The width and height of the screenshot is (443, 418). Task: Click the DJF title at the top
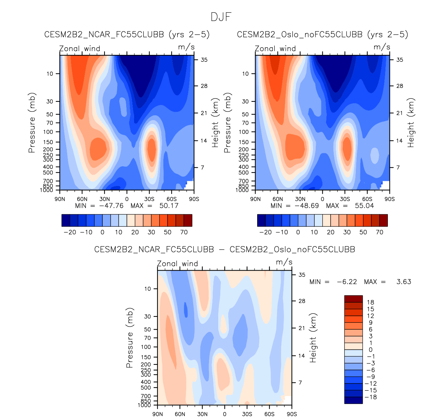(x=221, y=17)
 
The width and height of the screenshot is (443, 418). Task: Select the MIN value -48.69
(x=306, y=206)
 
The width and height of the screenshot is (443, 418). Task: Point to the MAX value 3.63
(x=404, y=282)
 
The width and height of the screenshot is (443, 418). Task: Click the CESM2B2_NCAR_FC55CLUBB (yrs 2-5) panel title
(x=127, y=35)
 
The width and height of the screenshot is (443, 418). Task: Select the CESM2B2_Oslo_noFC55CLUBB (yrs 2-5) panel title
(x=322, y=35)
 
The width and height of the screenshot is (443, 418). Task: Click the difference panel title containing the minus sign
(x=224, y=249)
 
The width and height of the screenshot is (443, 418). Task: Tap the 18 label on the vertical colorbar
(x=371, y=302)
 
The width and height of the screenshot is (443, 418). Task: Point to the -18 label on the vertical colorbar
(x=371, y=397)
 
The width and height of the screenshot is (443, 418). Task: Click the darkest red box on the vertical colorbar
(x=353, y=299)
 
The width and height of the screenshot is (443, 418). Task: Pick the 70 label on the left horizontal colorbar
(x=184, y=232)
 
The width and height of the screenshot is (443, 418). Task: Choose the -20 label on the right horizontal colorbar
(x=265, y=232)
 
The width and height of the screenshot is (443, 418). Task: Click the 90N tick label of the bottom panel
(x=158, y=414)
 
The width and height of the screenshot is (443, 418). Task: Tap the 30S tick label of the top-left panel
(x=149, y=199)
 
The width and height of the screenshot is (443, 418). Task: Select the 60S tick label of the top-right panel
(x=367, y=199)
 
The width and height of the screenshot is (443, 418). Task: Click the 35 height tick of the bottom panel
(x=302, y=275)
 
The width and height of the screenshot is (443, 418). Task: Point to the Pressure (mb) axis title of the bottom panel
(x=130, y=338)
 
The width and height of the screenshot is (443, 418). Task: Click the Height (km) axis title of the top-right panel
(x=411, y=123)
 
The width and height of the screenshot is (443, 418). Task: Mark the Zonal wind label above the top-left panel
(x=80, y=49)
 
